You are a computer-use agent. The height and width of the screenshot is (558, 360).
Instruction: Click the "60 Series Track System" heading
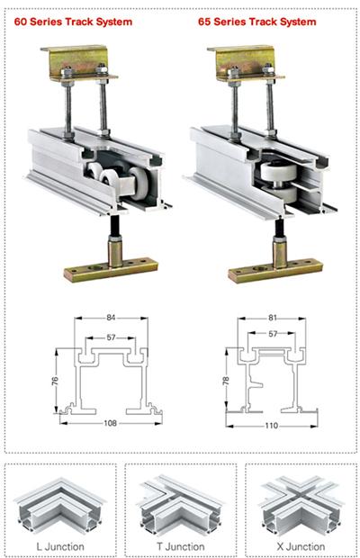point(73,22)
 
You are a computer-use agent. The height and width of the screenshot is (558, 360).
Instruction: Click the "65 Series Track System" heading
point(257,22)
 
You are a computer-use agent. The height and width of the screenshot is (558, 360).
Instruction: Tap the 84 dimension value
point(111,317)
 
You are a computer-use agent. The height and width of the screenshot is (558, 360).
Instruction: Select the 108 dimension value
point(111,423)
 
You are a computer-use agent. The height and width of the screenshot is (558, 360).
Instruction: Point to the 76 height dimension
point(55,381)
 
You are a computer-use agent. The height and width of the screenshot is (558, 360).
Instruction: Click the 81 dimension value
point(272,317)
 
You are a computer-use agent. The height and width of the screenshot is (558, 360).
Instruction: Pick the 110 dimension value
point(272,426)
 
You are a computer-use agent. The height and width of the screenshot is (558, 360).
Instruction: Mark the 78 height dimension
point(226,380)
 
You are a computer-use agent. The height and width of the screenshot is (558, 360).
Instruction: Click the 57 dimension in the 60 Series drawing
point(111,337)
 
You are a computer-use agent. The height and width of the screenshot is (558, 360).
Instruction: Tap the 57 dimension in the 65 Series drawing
point(272,333)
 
